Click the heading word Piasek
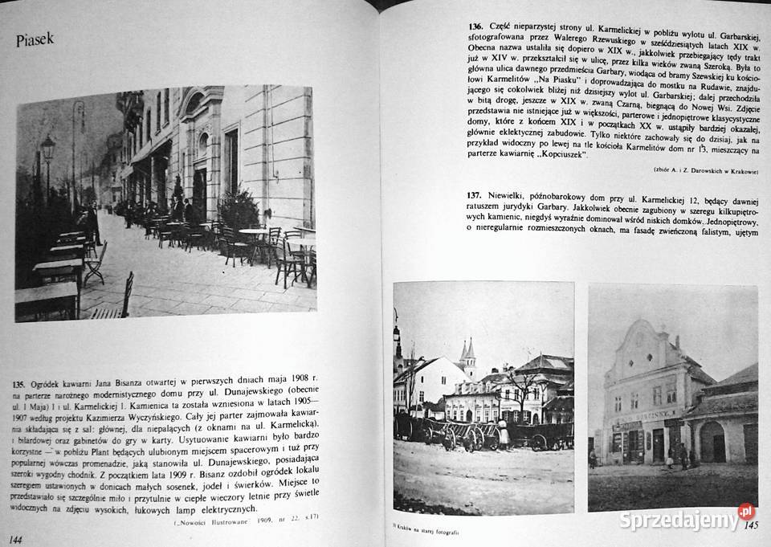click(34, 41)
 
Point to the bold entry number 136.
click(480, 27)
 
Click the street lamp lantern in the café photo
click(47, 148)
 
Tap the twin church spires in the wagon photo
click(467, 351)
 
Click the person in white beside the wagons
click(503, 435)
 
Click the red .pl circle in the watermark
click(746, 511)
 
